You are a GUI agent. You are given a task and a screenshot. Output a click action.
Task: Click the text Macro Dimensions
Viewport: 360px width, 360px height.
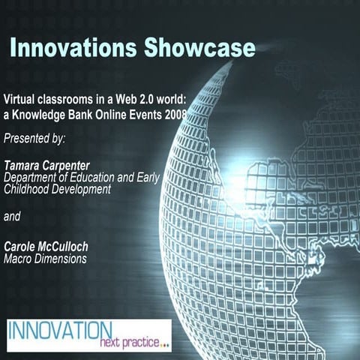pyautogui.click(x=45, y=259)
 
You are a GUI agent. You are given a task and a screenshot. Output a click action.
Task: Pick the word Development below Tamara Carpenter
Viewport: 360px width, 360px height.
pyautogui.click(x=83, y=190)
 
